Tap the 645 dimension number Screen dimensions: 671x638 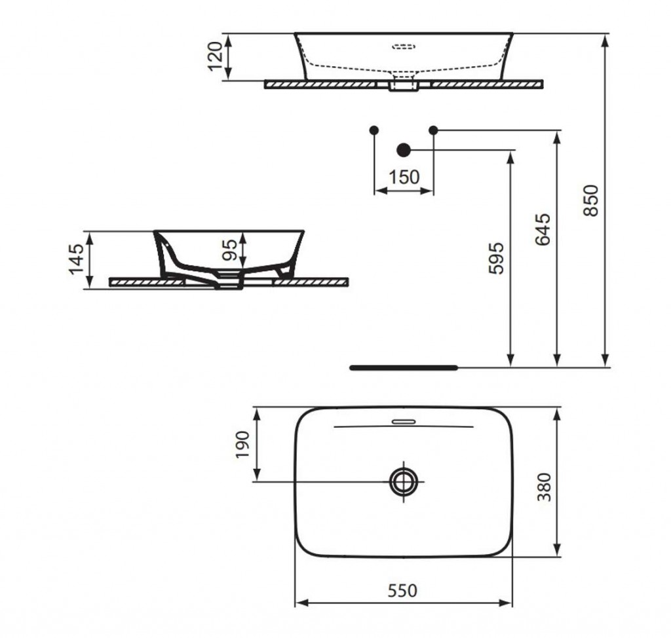(x=543, y=229)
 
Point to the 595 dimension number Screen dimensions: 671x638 (x=497, y=258)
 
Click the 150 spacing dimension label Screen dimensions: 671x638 (x=404, y=177)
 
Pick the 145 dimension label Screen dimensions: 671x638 (x=77, y=259)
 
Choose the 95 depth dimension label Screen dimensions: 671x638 (x=229, y=250)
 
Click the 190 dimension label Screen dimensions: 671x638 (x=242, y=445)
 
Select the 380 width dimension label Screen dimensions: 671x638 (x=544, y=487)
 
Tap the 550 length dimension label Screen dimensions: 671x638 (x=402, y=590)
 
